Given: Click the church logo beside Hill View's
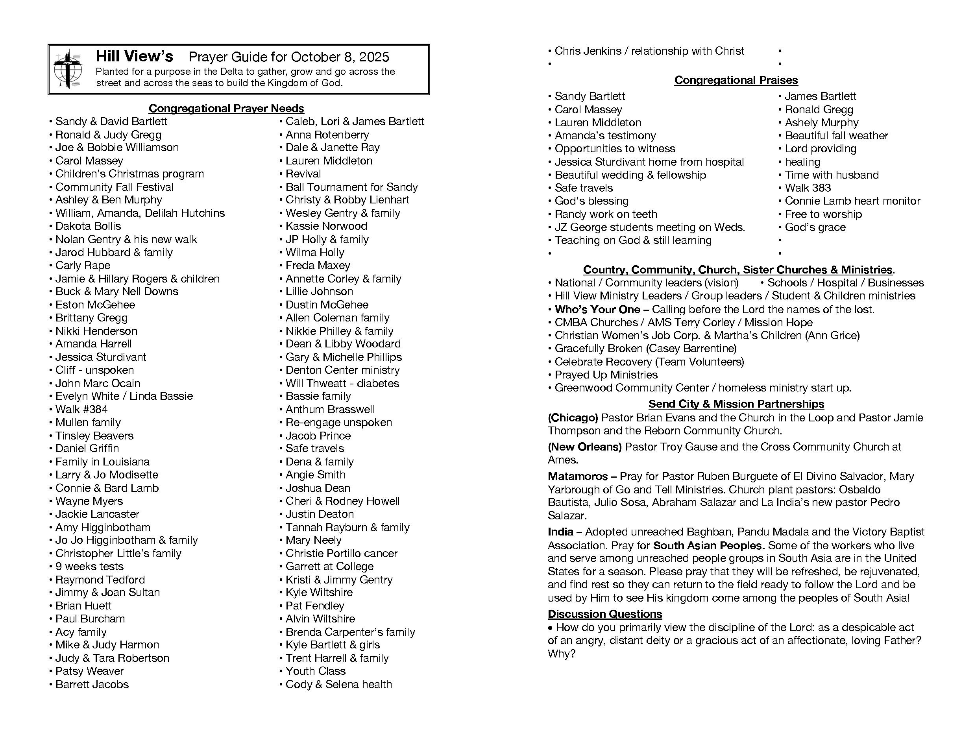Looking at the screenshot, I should [68, 69].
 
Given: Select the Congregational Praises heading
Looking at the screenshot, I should [736, 80].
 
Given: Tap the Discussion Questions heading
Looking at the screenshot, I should [604, 614].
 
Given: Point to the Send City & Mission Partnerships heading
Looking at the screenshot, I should [736, 404].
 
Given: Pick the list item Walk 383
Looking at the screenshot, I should [808, 188].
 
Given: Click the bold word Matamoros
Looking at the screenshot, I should [577, 476].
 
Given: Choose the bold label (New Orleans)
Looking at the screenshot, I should [584, 447].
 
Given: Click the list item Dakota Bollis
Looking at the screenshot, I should [88, 226].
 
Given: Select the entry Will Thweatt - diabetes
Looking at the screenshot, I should [342, 383].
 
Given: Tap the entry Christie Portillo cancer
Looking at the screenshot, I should [341, 553].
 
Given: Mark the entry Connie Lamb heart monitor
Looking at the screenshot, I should [852, 201].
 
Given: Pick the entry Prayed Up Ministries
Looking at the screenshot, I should [606, 375].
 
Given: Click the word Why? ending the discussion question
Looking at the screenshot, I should [562, 654].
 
